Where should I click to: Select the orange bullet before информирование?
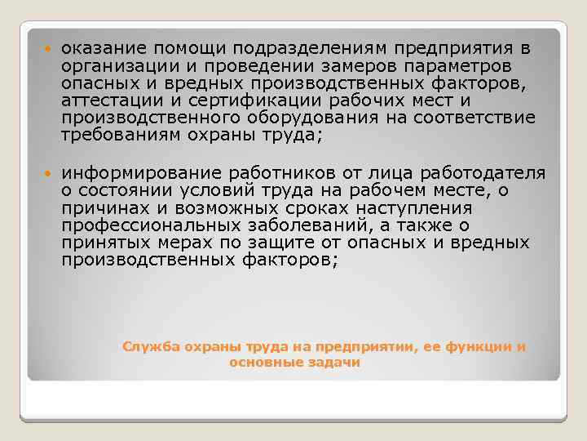click(49, 174)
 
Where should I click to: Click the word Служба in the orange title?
click(144, 346)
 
